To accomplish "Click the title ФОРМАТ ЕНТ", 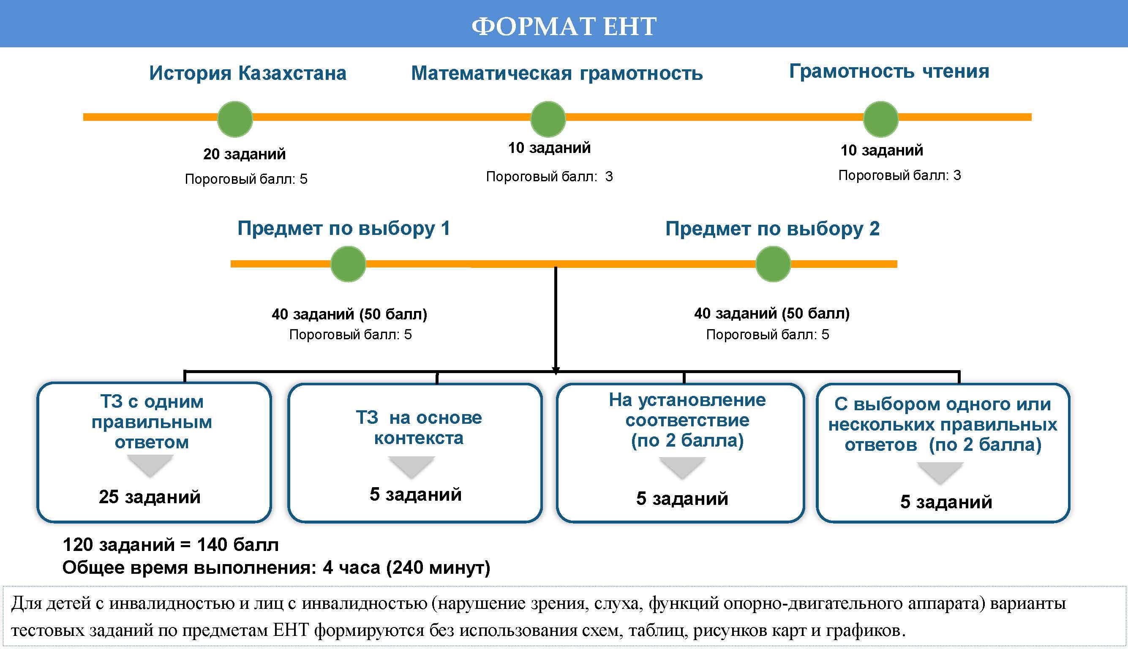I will [564, 26].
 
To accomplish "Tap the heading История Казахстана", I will [248, 73].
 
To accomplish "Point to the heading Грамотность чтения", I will [889, 71].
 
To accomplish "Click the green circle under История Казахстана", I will [235, 119].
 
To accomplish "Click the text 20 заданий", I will [244, 154].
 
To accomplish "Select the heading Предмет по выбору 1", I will [343, 228].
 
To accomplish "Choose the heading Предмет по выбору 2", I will [772, 229].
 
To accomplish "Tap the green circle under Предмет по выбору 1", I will [348, 264].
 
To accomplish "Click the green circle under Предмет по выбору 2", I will [773, 264].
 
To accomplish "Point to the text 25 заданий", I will [150, 496].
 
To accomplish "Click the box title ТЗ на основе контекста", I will [419, 428].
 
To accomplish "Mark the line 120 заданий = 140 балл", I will [171, 545].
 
